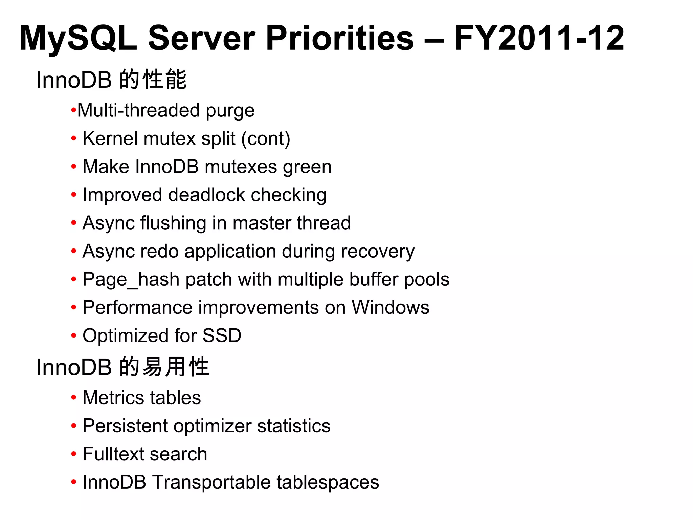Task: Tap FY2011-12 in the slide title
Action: tap(539, 38)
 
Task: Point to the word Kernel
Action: tap(108, 138)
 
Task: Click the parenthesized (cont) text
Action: tap(266, 138)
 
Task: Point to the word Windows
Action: tap(390, 307)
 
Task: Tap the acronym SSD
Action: tap(222, 336)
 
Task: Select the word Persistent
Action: tap(125, 426)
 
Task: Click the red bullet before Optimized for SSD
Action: tap(74, 336)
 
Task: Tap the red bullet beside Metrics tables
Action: tap(74, 398)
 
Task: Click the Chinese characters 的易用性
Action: tap(165, 367)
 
